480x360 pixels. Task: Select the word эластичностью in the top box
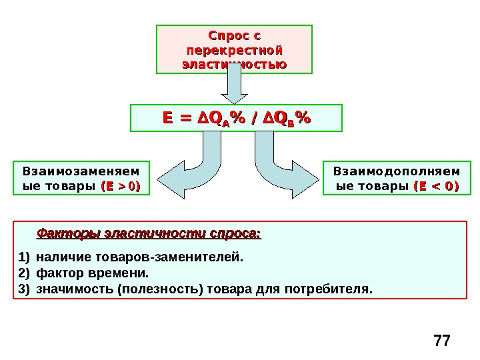pos(235,65)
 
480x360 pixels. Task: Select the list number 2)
pos(24,273)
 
